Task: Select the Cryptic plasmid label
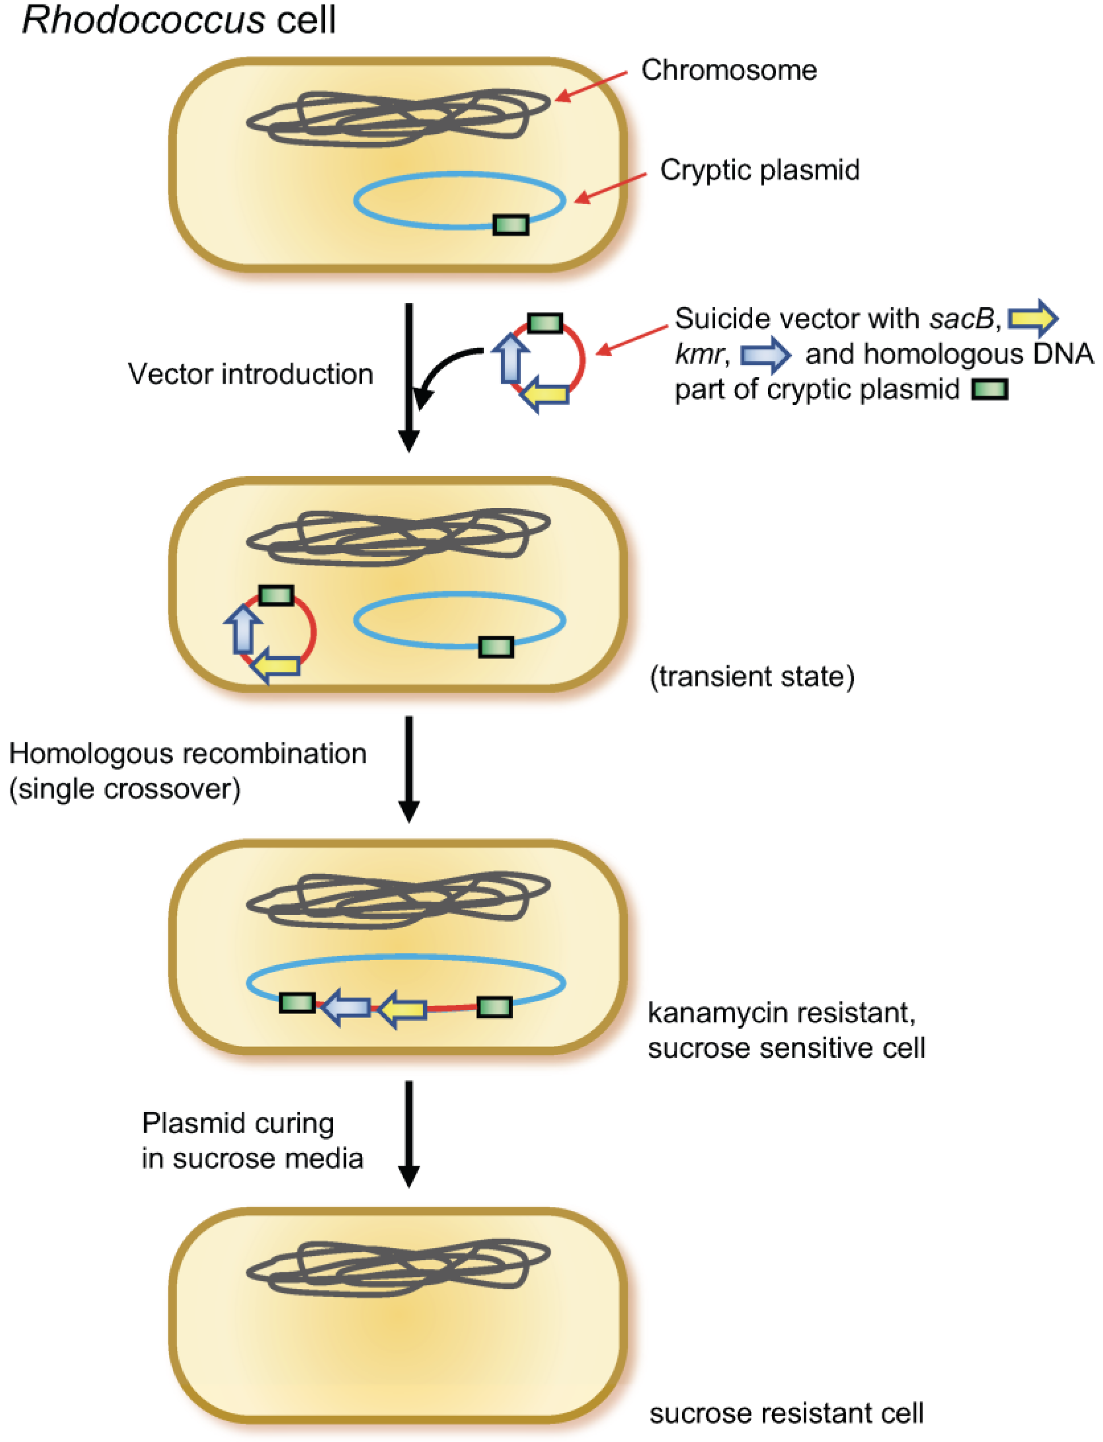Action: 760,170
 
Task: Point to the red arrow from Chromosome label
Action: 591,87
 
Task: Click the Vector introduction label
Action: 250,374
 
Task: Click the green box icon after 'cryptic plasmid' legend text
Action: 989,390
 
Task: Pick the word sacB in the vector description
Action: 962,319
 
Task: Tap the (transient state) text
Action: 752,677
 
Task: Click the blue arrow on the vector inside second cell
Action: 243,629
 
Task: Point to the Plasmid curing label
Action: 238,1123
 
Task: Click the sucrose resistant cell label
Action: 786,1413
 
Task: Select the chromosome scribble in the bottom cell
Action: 398,1267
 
